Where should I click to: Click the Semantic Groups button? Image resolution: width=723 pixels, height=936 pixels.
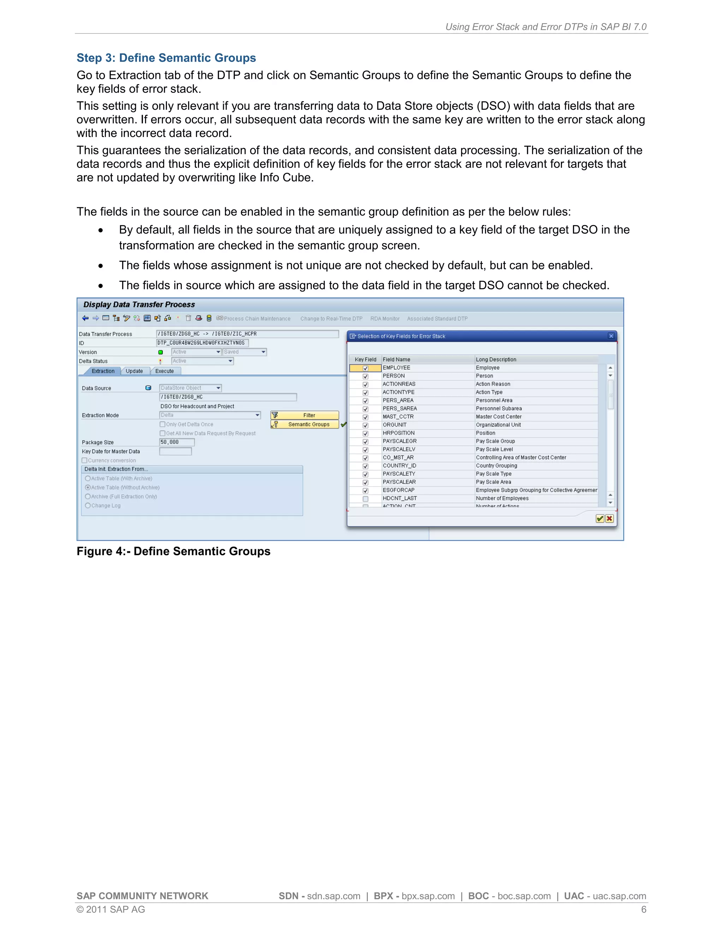pos(305,424)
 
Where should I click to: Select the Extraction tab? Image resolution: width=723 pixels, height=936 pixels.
pos(103,371)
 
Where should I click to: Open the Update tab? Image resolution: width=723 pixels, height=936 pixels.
pos(134,371)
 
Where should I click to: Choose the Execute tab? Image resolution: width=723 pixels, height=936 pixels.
pos(165,371)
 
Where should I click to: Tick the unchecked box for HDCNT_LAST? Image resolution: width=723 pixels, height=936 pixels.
pos(365,499)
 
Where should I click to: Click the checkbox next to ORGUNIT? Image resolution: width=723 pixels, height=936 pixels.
pos(365,425)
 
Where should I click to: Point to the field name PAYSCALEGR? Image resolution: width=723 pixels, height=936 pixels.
pos(399,441)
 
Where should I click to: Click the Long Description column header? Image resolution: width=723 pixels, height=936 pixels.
pos(496,360)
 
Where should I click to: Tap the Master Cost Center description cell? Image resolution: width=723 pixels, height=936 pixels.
pos(498,416)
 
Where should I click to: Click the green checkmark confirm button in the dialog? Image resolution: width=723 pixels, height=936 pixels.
pos(600,519)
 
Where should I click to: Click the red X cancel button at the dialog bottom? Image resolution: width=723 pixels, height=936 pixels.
pos(609,519)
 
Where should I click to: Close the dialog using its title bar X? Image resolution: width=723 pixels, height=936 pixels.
pos(611,336)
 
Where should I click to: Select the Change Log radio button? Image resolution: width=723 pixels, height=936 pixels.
pos(88,506)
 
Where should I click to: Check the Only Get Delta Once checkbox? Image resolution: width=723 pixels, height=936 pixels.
pos(162,424)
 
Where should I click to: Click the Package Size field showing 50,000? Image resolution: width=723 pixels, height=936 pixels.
pos(177,442)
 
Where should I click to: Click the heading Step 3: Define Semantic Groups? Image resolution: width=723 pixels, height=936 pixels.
pos(166,58)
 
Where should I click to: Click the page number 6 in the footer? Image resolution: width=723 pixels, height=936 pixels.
pos(643,910)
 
